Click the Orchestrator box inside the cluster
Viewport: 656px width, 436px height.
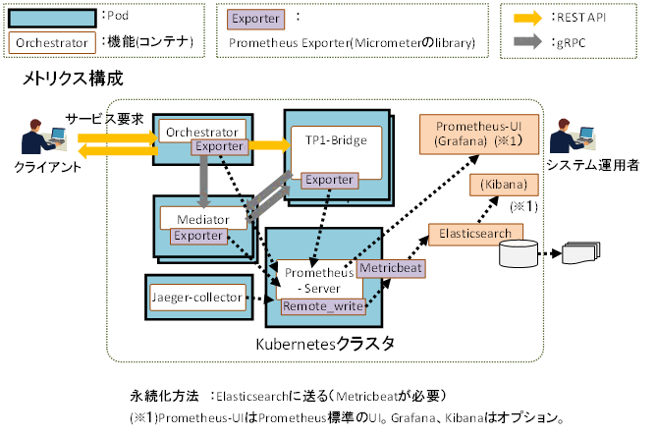[x=200, y=132]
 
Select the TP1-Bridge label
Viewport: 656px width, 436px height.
[x=335, y=140]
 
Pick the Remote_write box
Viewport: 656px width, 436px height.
[x=323, y=306]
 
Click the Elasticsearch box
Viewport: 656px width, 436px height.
[x=475, y=234]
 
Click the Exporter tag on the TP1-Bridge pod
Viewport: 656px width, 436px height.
[x=329, y=180]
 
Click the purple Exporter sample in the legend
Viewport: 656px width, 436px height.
[x=256, y=18]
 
